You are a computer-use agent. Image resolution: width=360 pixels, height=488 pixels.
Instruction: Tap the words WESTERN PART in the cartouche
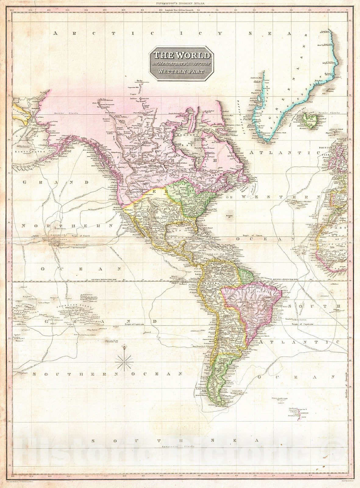[x=181, y=72]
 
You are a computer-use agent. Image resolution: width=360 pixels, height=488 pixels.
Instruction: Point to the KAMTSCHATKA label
[x=29, y=151]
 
